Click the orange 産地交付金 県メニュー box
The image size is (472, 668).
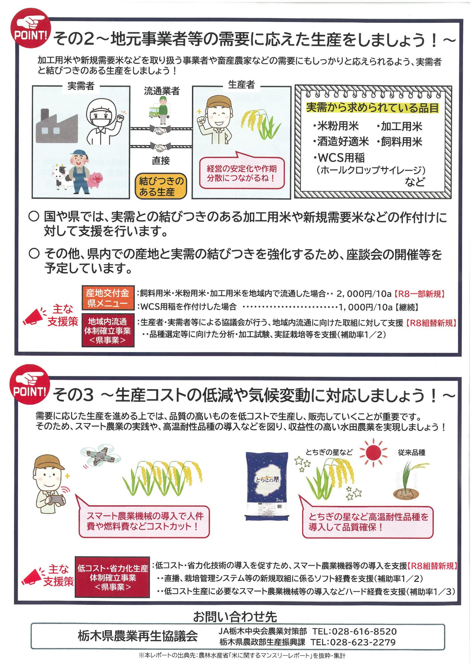point(108,298)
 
